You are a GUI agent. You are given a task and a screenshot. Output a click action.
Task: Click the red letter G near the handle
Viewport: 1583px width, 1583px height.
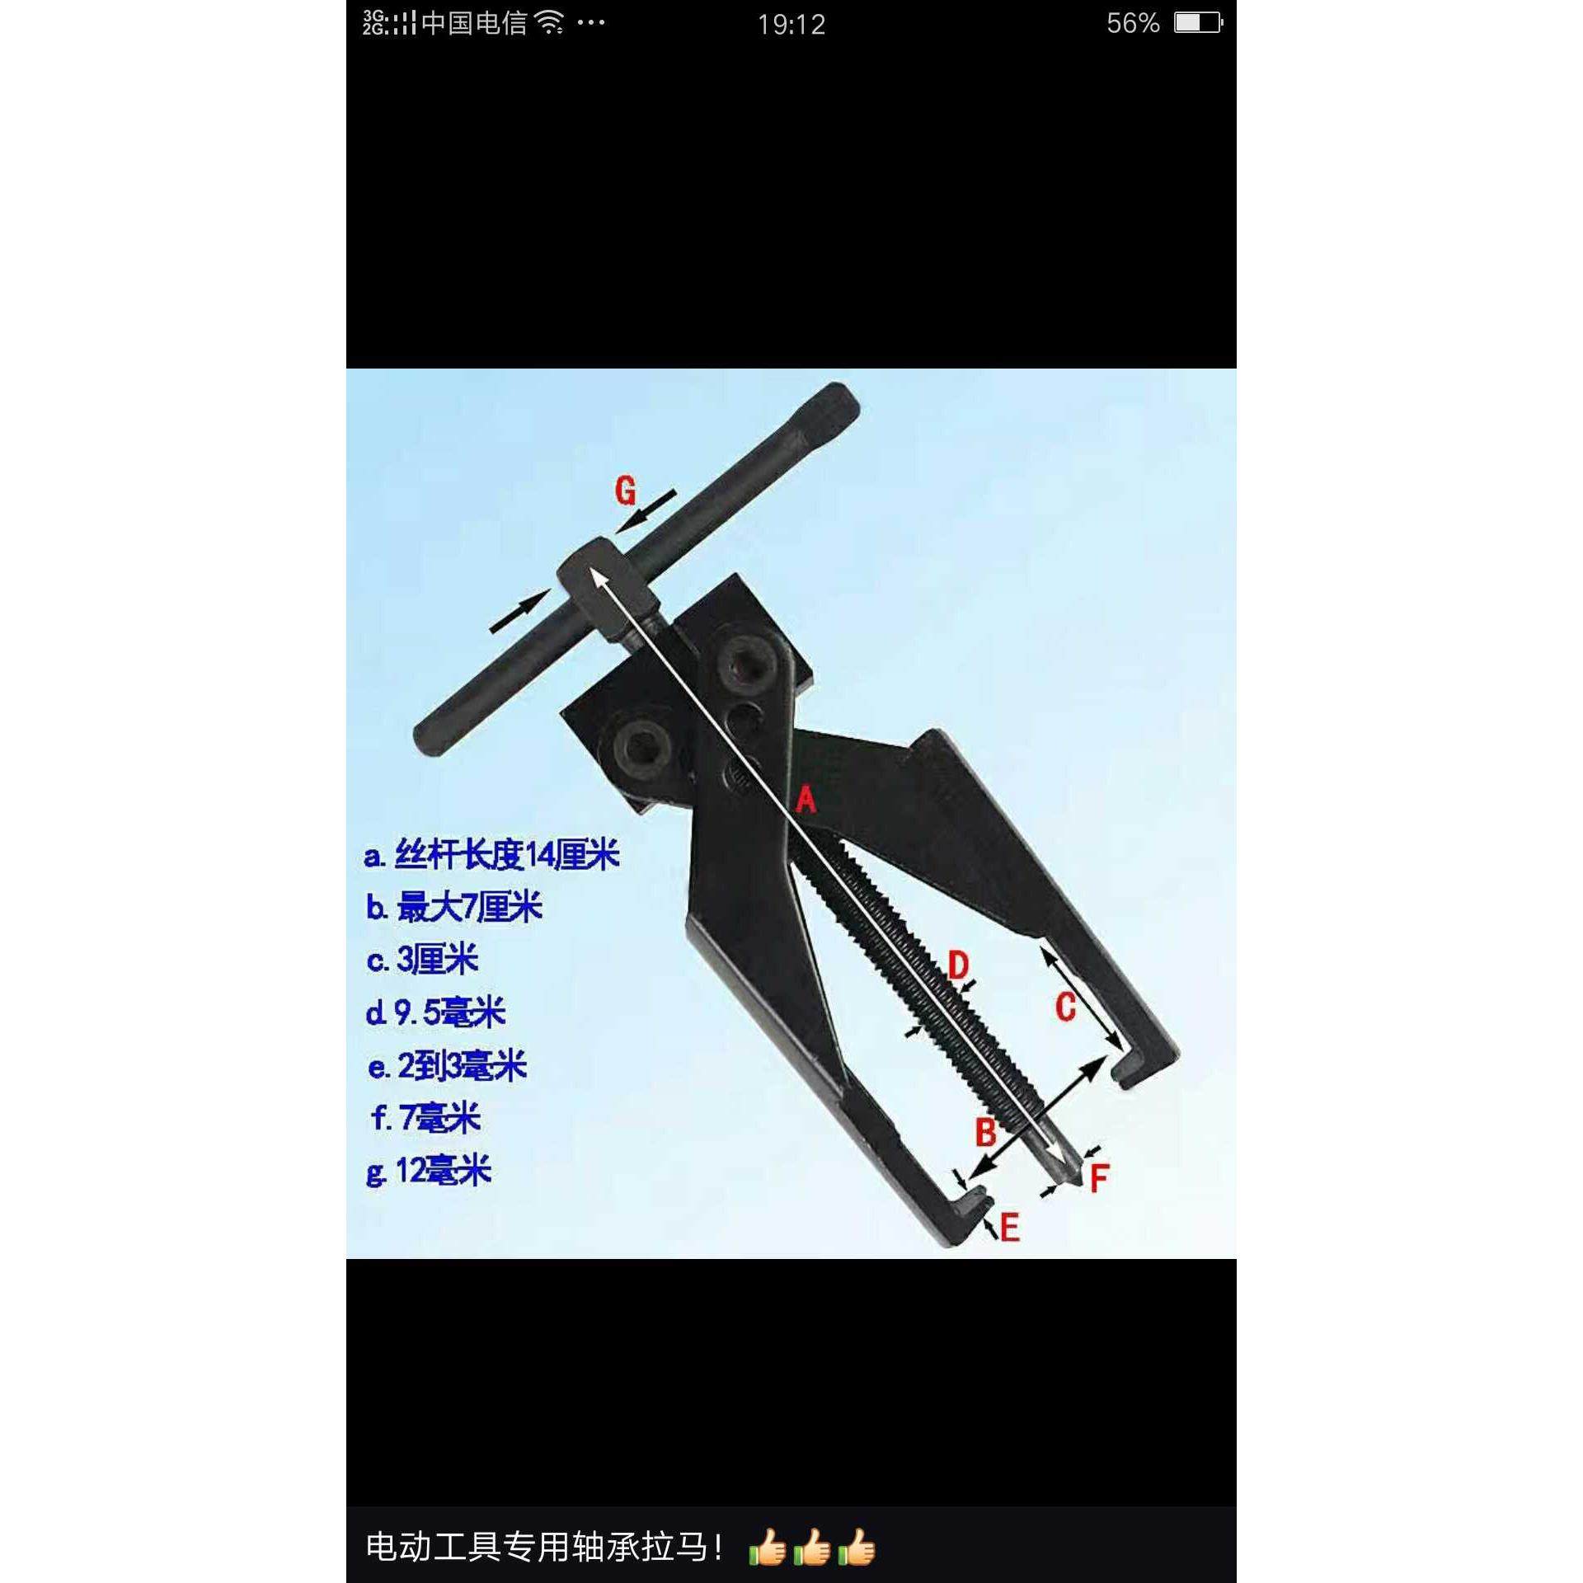[x=626, y=491]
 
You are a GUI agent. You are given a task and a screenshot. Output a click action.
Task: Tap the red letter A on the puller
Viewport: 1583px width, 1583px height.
[x=806, y=799]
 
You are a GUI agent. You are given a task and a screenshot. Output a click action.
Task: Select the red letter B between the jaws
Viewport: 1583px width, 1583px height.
[x=985, y=1132]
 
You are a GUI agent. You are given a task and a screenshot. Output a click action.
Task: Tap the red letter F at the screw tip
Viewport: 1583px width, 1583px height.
[x=1099, y=1179]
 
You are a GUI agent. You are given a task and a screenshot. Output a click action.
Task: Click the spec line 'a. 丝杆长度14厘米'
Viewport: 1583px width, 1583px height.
[x=491, y=855]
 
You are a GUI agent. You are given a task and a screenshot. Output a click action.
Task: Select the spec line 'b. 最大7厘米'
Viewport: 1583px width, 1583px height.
[x=454, y=908]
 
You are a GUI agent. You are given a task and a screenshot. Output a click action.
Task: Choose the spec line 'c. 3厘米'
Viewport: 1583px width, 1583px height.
[x=423, y=960]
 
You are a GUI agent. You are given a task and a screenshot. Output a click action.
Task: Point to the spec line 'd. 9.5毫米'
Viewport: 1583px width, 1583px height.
[x=435, y=1012]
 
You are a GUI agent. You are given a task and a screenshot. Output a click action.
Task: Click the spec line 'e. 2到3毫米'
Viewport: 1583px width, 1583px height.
[x=447, y=1066]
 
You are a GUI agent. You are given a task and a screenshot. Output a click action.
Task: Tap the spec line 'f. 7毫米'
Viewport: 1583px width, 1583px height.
[x=425, y=1118]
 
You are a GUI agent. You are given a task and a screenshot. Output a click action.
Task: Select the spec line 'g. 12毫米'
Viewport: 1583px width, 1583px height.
[x=429, y=1171]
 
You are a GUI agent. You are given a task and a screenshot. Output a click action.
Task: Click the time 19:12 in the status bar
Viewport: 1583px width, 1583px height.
[x=791, y=25]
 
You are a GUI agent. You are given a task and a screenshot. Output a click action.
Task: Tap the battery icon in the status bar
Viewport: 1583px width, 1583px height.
[x=1198, y=23]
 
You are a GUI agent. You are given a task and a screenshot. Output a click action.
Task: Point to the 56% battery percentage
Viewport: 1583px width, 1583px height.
[x=1133, y=24]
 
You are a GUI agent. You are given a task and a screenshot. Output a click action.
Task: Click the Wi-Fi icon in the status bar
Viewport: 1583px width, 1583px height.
[x=549, y=23]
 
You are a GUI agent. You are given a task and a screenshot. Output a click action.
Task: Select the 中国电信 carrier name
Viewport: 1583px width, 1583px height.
[x=473, y=23]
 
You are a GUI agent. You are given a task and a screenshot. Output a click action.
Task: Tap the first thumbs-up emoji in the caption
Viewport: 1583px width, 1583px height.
[x=768, y=1548]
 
